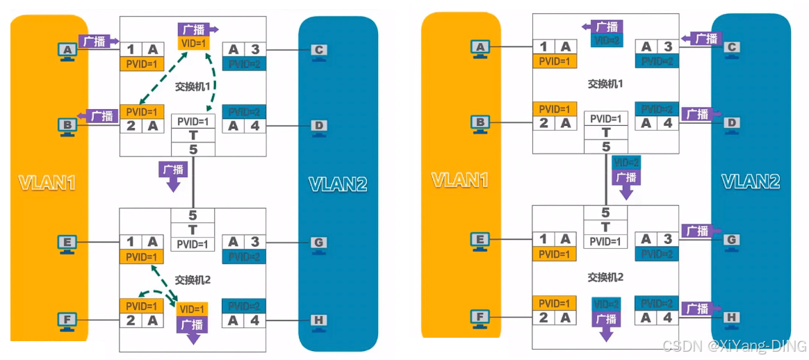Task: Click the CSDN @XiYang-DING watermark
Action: coord(734,345)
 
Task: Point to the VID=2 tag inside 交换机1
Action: coord(606,40)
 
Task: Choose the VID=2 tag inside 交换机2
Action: coord(606,304)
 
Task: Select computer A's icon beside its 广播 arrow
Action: coord(67,51)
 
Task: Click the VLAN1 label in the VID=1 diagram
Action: coord(47,183)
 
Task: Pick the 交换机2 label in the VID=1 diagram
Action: coord(193,280)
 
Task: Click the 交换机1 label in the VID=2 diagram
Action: coord(605,83)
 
